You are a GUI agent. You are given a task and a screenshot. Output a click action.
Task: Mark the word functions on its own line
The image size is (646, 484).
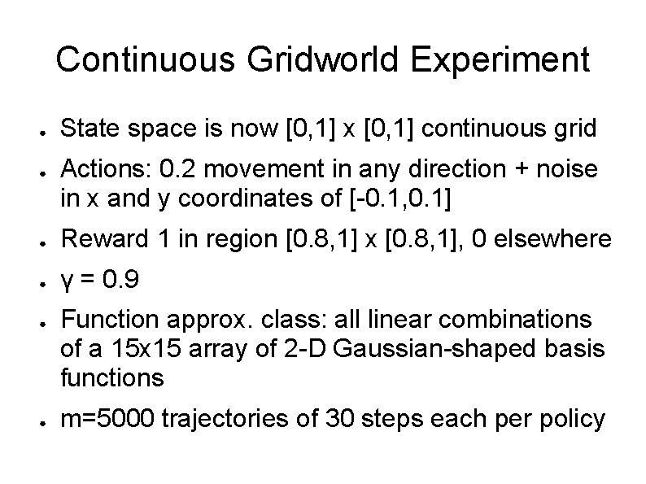[112, 377]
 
